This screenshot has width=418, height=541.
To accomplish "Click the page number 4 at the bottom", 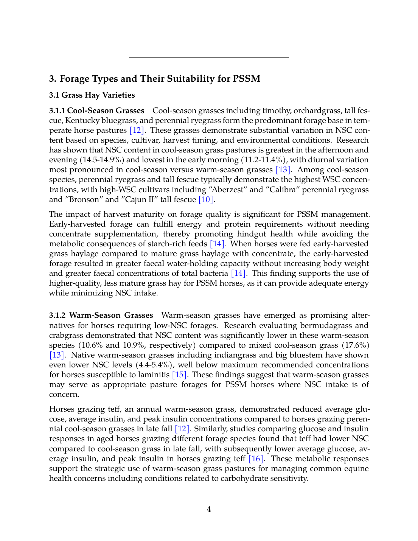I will click(x=209, y=509).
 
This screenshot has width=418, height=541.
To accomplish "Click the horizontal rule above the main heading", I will click(x=209, y=57).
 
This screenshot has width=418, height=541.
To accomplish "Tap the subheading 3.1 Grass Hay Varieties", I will click(x=92, y=95).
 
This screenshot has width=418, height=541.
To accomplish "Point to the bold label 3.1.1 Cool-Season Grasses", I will click(x=97, y=110).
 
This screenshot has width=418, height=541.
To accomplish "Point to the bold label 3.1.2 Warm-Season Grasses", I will click(x=101, y=315).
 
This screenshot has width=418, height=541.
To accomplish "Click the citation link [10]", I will click(x=206, y=199).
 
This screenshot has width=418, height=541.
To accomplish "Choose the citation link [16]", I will click(x=256, y=459).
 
